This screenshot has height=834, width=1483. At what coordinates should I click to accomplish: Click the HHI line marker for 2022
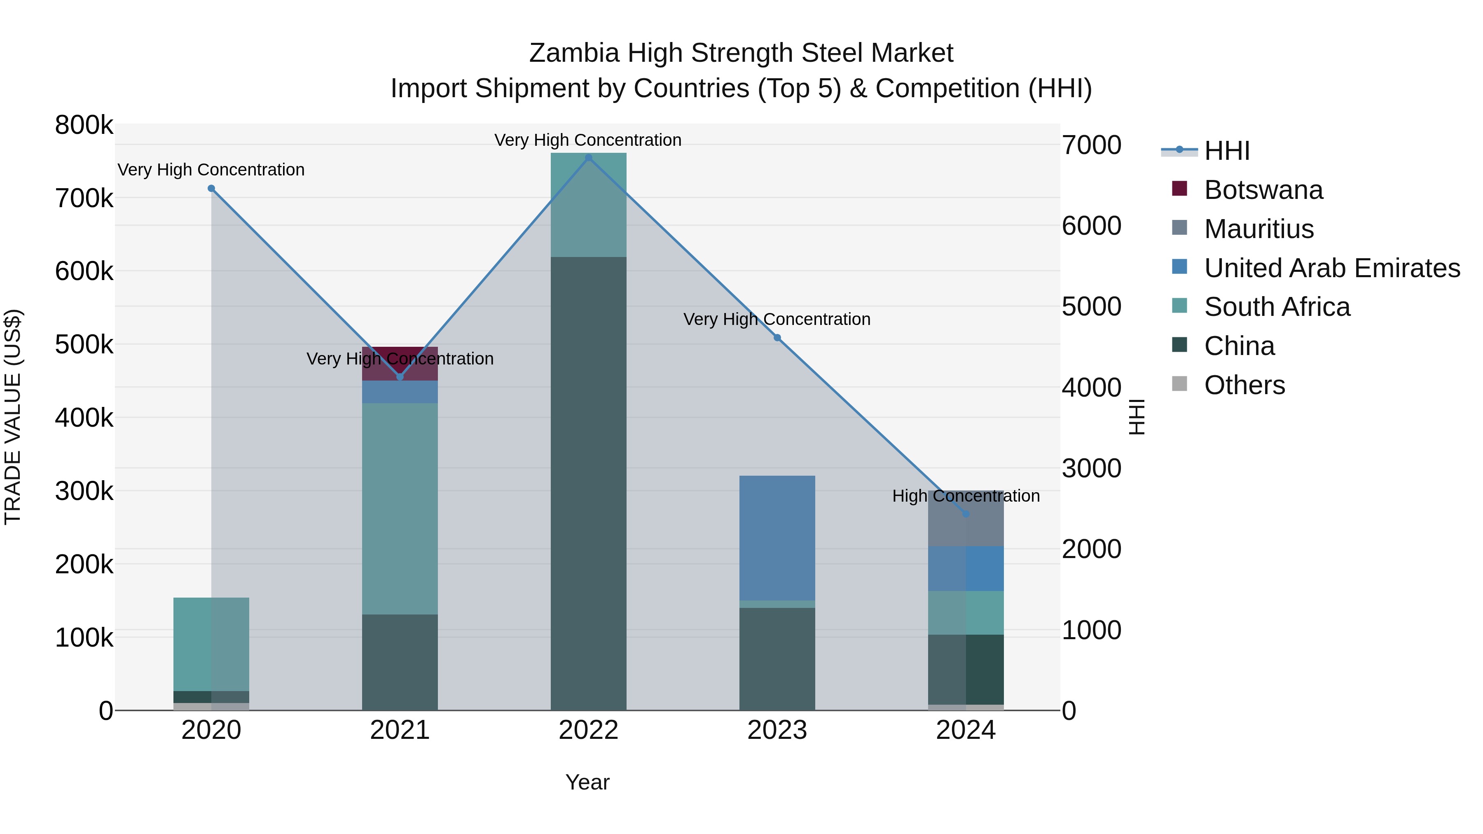tap(588, 158)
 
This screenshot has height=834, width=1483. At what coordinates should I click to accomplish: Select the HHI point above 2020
tap(211, 188)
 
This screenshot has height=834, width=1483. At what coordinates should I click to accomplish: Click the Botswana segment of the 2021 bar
tap(400, 362)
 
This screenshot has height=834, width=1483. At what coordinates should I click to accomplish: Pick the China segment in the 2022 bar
tap(588, 484)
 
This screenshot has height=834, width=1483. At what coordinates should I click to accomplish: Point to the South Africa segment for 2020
tap(211, 644)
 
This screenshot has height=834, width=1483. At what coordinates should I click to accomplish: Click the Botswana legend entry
tap(1263, 190)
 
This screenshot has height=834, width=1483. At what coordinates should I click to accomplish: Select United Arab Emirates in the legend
tap(1331, 268)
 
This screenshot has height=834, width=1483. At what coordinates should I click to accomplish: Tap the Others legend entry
tap(1244, 385)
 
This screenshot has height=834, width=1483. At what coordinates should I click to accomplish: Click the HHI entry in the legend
tap(1226, 151)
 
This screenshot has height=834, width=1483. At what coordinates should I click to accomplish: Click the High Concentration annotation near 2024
tap(966, 496)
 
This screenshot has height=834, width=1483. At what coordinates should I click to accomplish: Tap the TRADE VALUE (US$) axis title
tap(13, 417)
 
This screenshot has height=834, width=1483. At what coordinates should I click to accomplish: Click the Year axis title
tap(587, 782)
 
